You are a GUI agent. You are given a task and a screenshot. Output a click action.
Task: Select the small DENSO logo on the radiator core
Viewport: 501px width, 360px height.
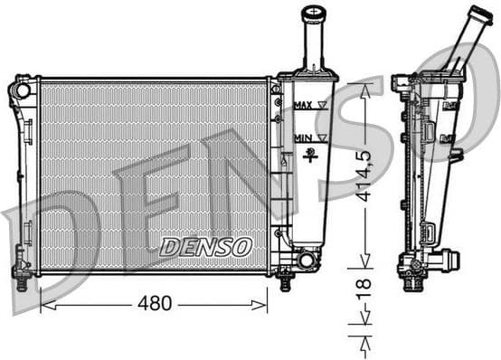[x=206, y=245]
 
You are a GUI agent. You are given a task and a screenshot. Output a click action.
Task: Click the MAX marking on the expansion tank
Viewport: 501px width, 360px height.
[x=304, y=106]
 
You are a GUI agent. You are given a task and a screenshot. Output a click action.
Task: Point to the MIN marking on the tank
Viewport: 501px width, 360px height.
[x=303, y=138]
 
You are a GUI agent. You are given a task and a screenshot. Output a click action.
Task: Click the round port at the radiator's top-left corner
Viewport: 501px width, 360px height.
[x=23, y=90]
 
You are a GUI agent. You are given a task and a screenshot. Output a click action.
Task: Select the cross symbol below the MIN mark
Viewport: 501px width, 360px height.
[x=312, y=156]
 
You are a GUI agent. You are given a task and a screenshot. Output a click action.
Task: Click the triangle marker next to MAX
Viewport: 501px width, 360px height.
[x=323, y=106]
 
